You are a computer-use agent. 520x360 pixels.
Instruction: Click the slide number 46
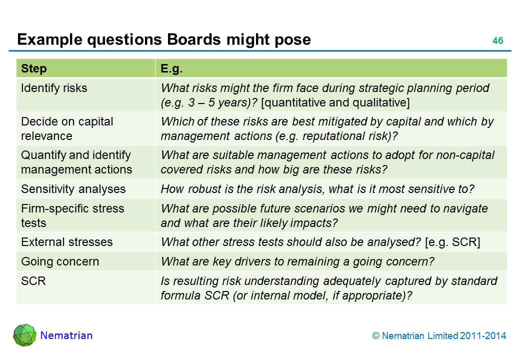[498, 41]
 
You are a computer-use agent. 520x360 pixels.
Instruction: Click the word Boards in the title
[194, 39]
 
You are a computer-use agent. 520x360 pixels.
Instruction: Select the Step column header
[34, 68]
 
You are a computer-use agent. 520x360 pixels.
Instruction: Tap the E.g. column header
[171, 68]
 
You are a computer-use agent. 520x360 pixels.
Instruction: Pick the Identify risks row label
[54, 88]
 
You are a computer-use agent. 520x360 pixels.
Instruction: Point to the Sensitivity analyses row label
[73, 189]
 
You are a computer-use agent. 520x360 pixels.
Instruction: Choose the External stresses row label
[67, 242]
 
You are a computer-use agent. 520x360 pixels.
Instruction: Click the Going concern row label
[60, 261]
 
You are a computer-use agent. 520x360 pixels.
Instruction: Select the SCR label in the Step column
[33, 281]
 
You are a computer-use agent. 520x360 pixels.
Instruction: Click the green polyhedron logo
[24, 335]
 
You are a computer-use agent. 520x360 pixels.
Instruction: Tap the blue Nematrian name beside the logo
[66, 335]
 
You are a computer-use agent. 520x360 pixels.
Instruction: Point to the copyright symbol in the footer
[375, 336]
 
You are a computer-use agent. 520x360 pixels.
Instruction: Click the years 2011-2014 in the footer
[483, 336]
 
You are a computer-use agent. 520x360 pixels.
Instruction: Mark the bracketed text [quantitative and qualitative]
[335, 103]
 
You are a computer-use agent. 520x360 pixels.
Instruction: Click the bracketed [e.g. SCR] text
[452, 242]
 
